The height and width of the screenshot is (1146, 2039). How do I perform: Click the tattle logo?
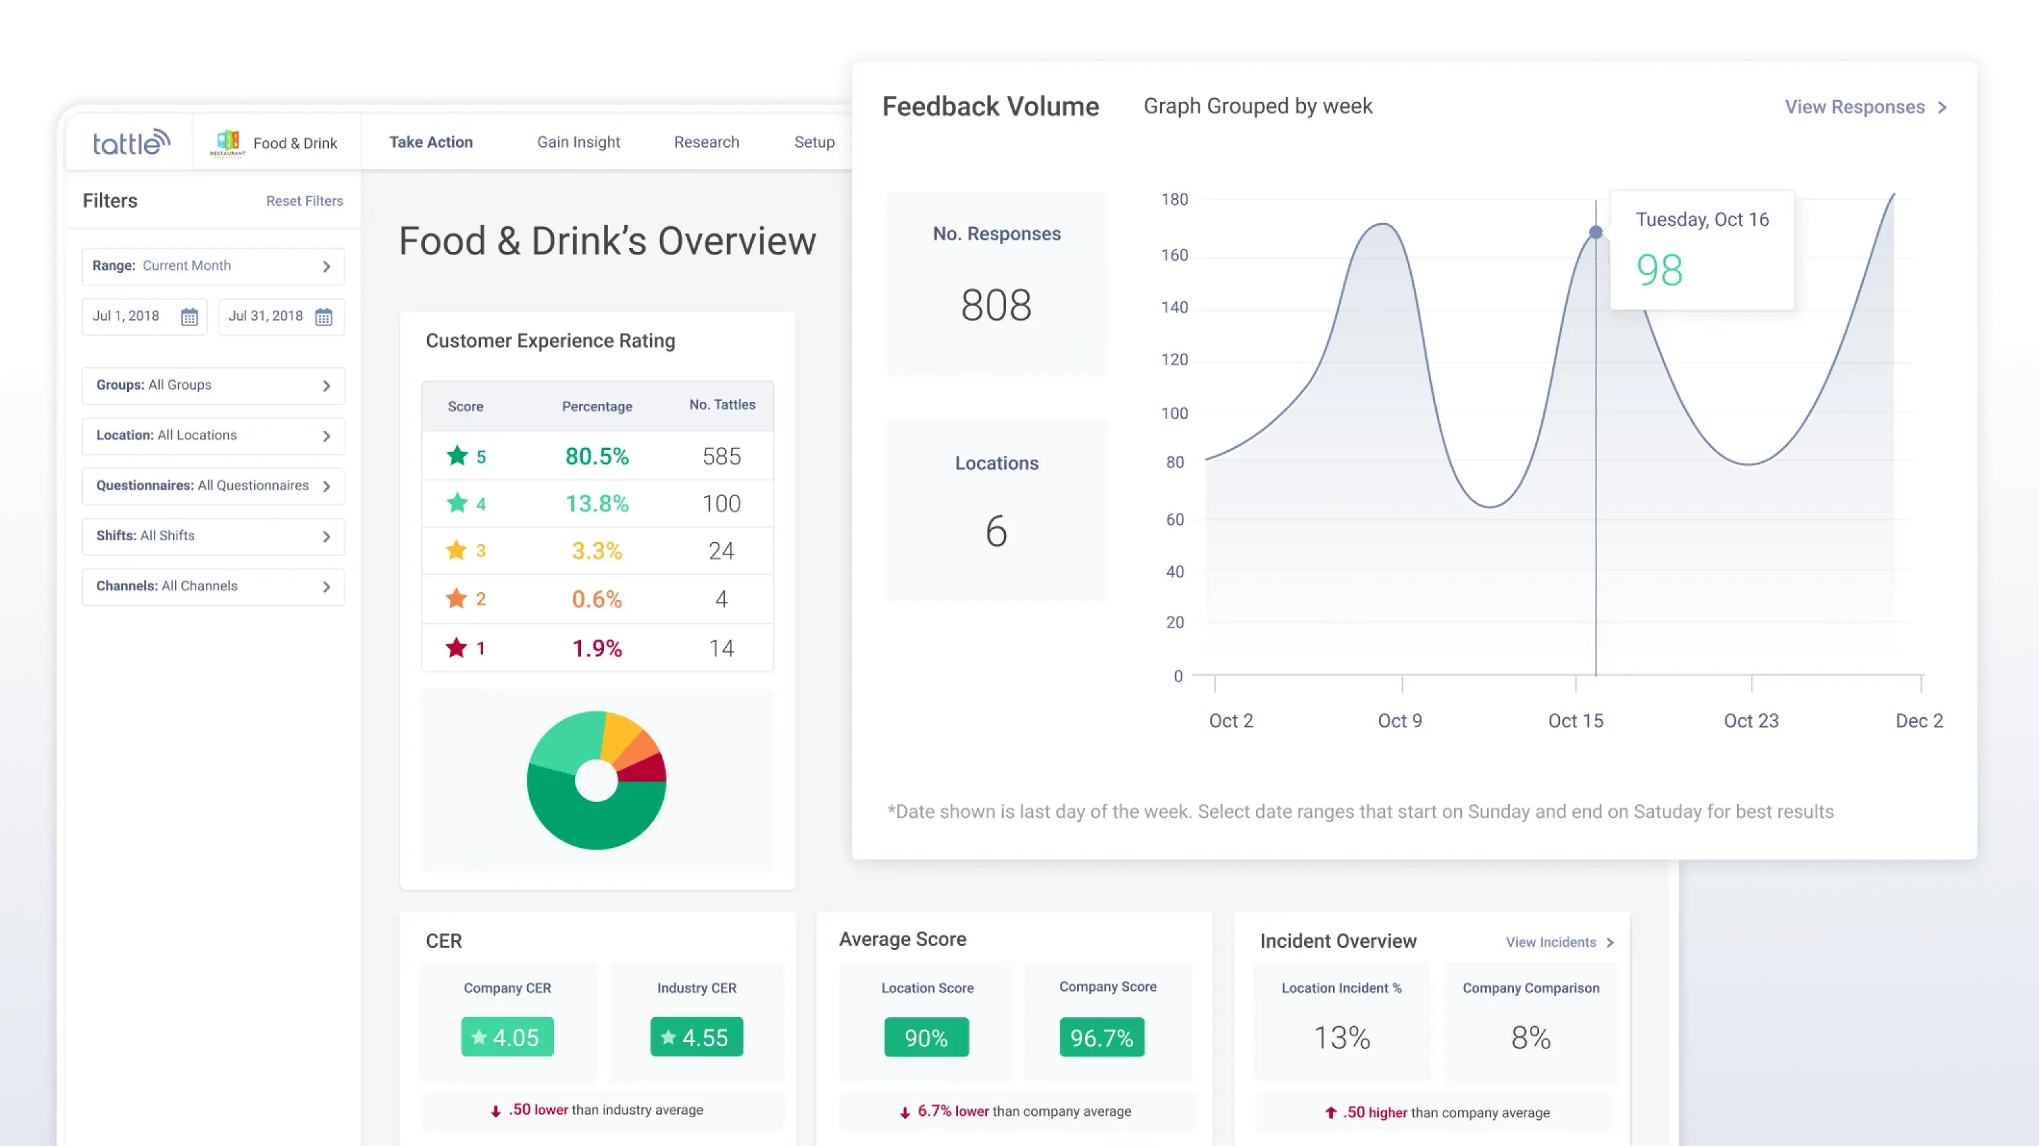131,142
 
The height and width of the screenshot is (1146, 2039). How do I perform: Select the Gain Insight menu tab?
578,142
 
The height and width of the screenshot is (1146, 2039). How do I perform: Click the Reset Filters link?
304,201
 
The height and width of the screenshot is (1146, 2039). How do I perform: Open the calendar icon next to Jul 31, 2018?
324,317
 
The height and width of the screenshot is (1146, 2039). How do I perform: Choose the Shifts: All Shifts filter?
213,536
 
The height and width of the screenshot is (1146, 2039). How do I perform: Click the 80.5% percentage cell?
597,456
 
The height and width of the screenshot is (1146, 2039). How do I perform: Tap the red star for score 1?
457,648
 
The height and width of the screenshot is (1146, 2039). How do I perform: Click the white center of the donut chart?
596,781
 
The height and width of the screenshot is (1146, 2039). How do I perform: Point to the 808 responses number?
996,306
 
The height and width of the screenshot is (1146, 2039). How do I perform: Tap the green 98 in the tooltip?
1659,270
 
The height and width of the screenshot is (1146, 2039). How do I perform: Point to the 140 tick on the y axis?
1174,307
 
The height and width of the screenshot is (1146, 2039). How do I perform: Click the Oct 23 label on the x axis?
1751,721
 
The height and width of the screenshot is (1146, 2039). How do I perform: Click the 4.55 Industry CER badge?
696,1037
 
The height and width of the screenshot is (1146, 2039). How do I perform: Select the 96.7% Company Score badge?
1101,1038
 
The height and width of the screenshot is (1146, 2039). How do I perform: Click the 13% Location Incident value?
1341,1038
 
